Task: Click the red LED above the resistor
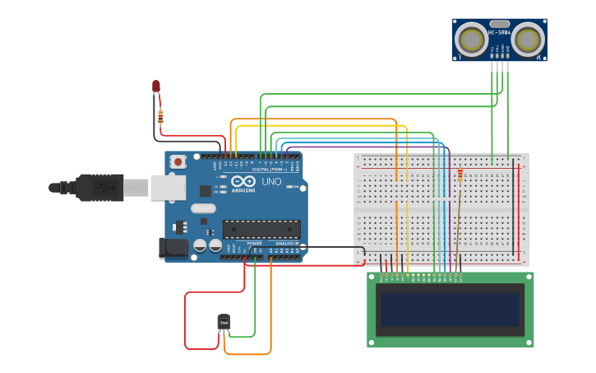point(156,86)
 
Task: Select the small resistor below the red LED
point(160,116)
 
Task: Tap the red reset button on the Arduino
point(178,162)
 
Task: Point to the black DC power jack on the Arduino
point(173,246)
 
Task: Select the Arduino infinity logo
point(243,181)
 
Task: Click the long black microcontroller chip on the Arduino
point(261,229)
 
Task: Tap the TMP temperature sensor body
point(224,321)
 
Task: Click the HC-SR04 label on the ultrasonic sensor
point(499,33)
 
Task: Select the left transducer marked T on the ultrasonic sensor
point(472,40)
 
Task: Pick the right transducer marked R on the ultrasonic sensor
point(528,40)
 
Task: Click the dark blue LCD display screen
point(449,310)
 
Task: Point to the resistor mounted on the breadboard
point(460,175)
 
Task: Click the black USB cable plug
point(99,188)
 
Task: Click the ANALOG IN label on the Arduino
point(287,244)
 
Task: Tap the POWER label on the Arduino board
point(255,244)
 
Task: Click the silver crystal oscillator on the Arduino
point(203,209)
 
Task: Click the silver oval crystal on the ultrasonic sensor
point(499,24)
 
